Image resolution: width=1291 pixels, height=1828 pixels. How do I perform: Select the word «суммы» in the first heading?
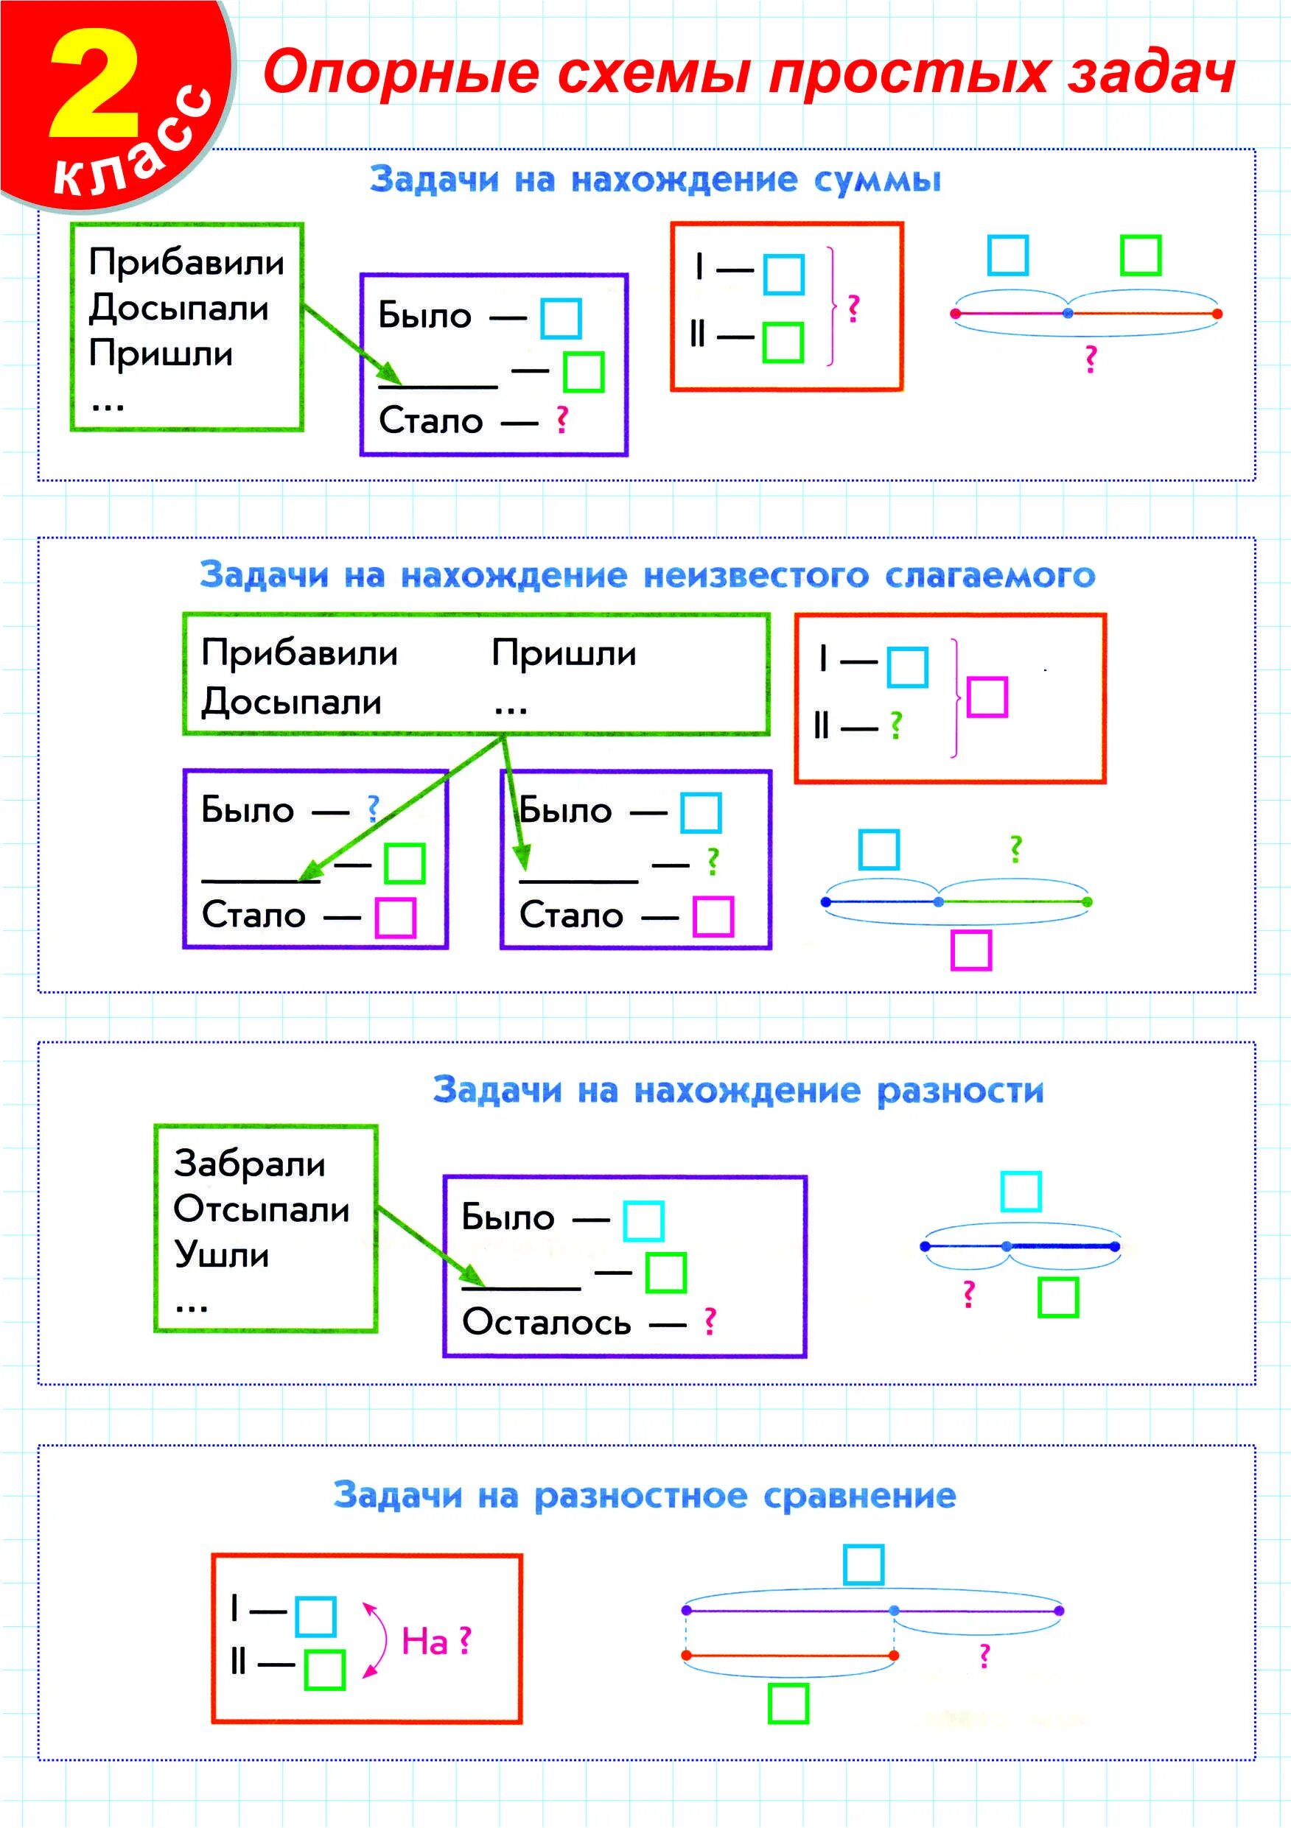tap(877, 180)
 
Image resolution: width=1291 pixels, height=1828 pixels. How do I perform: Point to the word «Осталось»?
tap(546, 1323)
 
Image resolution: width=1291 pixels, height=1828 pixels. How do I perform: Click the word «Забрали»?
tap(249, 1164)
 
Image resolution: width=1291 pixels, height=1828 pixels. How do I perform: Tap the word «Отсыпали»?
tap(262, 1209)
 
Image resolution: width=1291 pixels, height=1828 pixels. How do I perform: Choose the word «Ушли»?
tap(221, 1255)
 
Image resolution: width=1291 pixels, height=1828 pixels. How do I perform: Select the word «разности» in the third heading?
tap(959, 1091)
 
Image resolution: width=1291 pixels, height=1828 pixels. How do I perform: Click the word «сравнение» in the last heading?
tap(859, 1495)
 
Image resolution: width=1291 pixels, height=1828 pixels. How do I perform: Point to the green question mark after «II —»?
tap(896, 725)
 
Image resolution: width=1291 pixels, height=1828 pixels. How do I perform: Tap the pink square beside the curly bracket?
tap(987, 697)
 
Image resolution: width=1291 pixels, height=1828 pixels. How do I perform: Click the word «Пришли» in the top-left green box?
tap(161, 353)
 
